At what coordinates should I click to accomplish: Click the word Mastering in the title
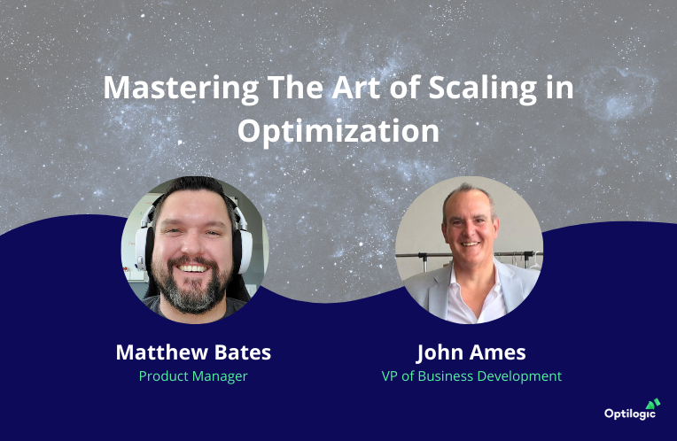coord(181,88)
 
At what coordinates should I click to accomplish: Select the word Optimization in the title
coord(338,131)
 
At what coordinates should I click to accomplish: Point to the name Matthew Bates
coord(193,352)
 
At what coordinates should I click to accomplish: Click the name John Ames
coord(471,352)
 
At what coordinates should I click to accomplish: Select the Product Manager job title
coord(193,376)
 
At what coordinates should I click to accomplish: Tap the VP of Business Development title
coord(471,376)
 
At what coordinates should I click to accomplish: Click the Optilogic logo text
coord(629,414)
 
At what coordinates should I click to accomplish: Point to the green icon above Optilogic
coord(653,404)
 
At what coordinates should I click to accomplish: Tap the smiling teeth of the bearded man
coord(192,268)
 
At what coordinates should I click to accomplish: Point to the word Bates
coord(243,352)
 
